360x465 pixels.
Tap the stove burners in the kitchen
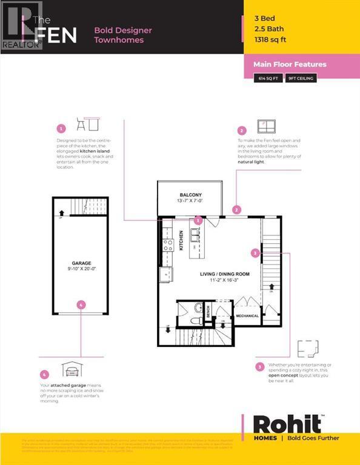pyautogui.click(x=168, y=245)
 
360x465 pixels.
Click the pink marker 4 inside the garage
pyautogui.click(x=81, y=305)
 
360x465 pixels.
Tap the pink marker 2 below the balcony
pyautogui.click(x=237, y=209)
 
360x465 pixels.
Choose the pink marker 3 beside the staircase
pyautogui.click(x=256, y=252)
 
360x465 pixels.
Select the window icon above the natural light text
pyautogui.click(x=267, y=127)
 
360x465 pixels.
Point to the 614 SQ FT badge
pyautogui.click(x=268, y=78)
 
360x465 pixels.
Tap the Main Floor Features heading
pyautogui.click(x=289, y=64)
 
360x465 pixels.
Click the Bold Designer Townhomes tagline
pyautogui.click(x=123, y=35)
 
